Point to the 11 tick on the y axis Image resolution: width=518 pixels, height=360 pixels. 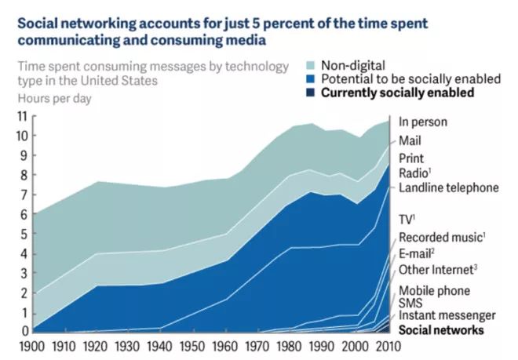pyautogui.click(x=21, y=116)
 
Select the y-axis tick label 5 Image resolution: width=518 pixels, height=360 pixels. pyautogui.click(x=24, y=234)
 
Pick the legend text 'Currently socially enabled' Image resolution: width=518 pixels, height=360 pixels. pyautogui.click(x=399, y=93)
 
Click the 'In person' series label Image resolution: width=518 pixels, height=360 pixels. pyautogui.click(x=423, y=122)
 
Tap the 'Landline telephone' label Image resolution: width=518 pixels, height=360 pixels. pyautogui.click(x=448, y=187)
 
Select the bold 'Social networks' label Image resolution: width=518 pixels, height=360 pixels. pyautogui.click(x=441, y=330)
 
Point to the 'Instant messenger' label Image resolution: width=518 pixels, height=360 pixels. pyautogui.click(x=447, y=316)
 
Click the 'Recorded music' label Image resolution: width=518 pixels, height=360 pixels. pyautogui.click(x=441, y=237)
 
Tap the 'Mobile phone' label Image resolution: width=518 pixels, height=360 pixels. pyautogui.click(x=434, y=291)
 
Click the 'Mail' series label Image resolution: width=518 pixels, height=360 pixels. pyautogui.click(x=410, y=140)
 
